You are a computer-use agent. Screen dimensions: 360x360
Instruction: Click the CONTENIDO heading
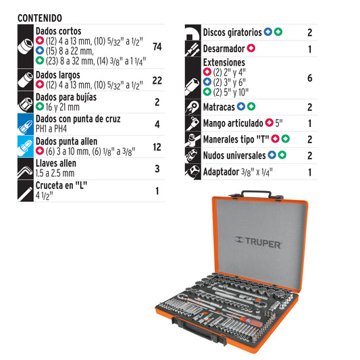40,18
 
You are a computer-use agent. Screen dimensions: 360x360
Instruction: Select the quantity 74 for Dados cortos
157,47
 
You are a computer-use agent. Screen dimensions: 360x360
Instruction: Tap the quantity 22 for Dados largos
157,80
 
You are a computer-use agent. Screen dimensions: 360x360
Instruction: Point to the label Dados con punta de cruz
82,120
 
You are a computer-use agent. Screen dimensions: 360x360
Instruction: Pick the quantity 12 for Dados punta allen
157,147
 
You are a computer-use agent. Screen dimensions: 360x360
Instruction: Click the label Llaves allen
56,163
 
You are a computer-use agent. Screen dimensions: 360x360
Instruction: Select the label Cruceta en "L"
61,185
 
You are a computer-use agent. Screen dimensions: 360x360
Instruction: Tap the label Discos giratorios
232,32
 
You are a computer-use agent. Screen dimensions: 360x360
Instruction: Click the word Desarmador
224,49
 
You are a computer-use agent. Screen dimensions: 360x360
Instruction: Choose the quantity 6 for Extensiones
309,78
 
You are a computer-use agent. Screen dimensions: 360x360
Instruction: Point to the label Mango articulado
233,124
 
